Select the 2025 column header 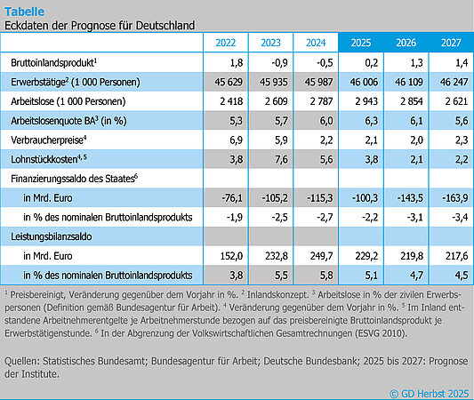361,43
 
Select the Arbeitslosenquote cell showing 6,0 317,122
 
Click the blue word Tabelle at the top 25,10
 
